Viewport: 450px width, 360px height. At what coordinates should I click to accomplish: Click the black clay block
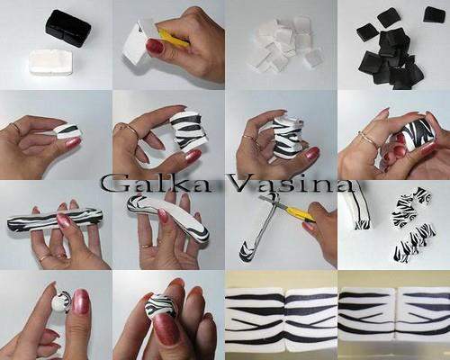(x=68, y=28)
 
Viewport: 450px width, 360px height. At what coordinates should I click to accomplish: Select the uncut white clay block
(x=51, y=63)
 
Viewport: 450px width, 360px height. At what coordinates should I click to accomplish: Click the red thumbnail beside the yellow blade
(x=155, y=46)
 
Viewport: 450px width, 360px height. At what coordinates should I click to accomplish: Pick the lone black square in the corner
(x=434, y=14)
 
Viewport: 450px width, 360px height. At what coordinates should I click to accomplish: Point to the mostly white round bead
(x=61, y=302)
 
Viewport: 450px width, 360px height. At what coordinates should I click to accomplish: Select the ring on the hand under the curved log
(x=147, y=247)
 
